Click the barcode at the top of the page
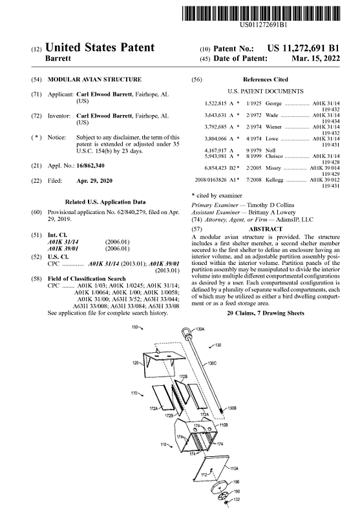point(260,14)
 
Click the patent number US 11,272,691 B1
point(303,48)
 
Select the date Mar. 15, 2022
point(316,59)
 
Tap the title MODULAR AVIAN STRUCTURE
point(94,79)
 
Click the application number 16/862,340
point(90,165)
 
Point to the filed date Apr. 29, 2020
point(94,181)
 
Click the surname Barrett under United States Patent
point(58,58)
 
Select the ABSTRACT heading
point(266,229)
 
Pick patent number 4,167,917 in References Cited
point(215,151)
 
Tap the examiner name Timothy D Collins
point(270,205)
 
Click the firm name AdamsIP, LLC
point(294,220)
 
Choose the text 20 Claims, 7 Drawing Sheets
point(266,313)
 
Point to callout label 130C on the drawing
point(212,364)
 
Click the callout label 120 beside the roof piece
point(135,363)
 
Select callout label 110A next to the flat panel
point(234,468)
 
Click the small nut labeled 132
point(226,503)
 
